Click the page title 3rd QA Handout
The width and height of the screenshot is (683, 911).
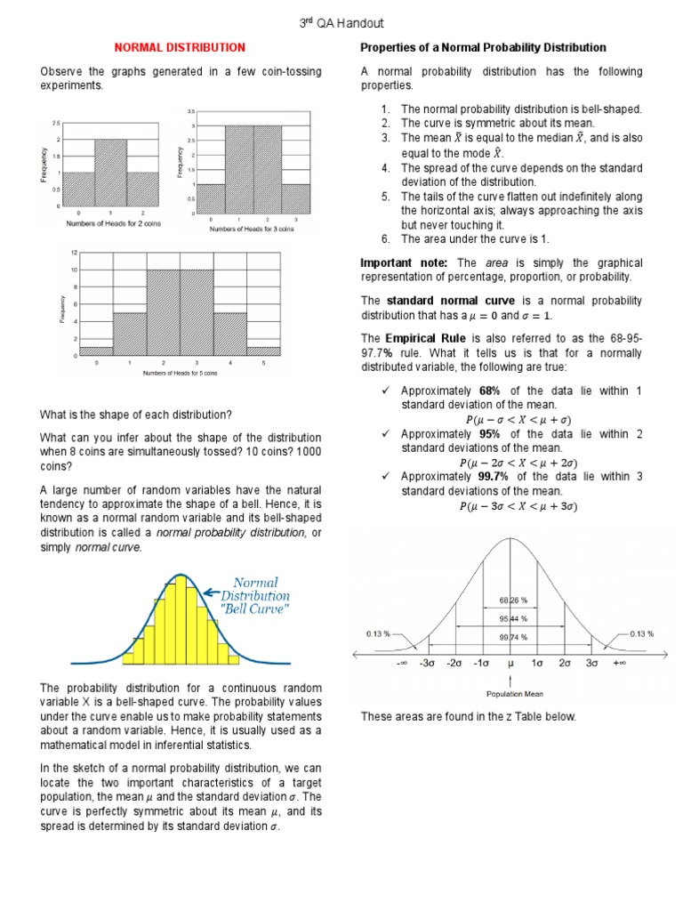pos(341,23)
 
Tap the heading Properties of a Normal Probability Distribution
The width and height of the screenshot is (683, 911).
pos(483,47)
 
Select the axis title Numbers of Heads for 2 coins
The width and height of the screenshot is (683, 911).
pos(105,223)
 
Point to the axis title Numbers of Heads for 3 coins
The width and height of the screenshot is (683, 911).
pos(252,230)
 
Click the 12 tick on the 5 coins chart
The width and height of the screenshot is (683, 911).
pos(75,253)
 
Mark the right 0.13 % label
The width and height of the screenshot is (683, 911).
pos(641,633)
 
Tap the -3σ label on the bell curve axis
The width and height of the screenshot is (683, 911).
pos(428,664)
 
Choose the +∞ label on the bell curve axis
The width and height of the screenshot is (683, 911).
pos(618,664)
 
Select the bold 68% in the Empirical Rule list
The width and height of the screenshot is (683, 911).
pos(491,391)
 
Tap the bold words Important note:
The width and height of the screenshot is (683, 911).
pos(406,263)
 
